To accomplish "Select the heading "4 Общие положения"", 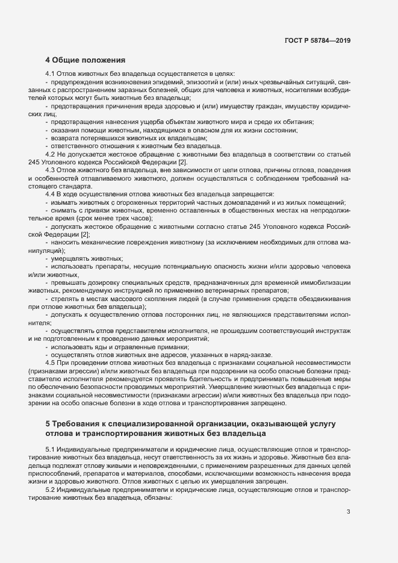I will coord(85,60).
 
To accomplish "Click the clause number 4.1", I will coord(51,73).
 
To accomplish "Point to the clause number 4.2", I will coord(51,154).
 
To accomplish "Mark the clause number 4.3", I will coord(51,171).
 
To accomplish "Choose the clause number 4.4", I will coord(51,195).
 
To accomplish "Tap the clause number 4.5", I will coord(51,363).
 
